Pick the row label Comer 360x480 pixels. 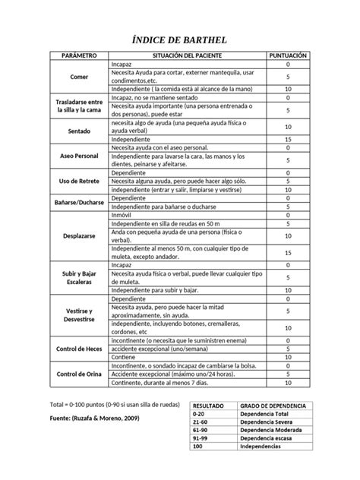click(79, 77)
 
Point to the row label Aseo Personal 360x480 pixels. click(79, 155)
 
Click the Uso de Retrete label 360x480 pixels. click(79, 182)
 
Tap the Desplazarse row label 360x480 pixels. click(79, 236)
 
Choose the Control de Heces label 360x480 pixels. click(79, 349)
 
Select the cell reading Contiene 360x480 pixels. click(125, 357)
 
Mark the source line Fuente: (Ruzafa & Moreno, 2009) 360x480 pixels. click(93, 418)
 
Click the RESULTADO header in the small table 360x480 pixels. click(209, 406)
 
